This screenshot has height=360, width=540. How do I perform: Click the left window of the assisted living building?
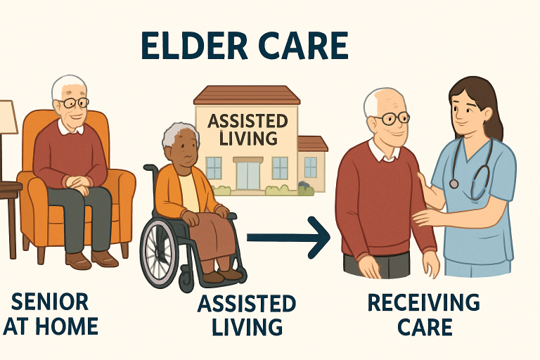click(x=213, y=167)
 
